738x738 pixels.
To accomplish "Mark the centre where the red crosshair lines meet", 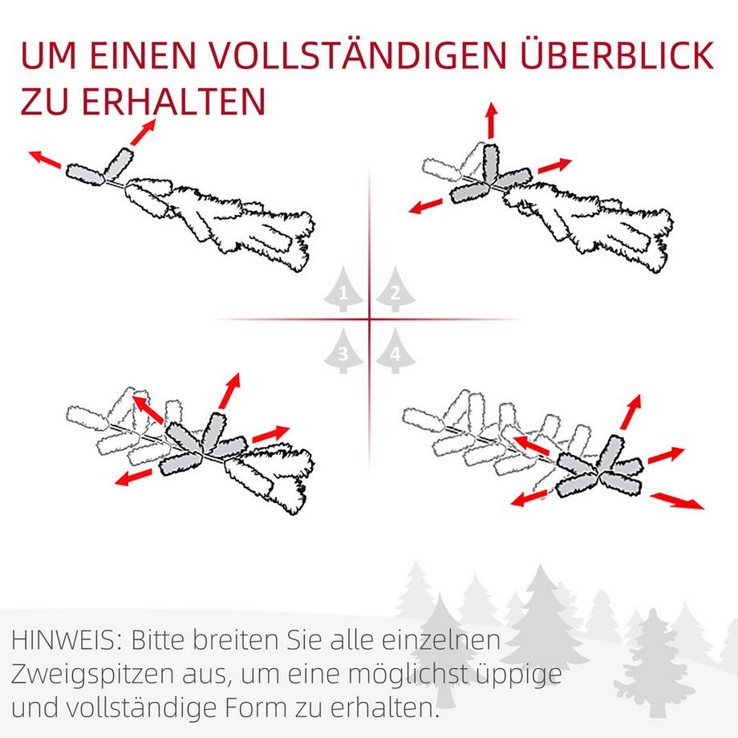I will (370, 320).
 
